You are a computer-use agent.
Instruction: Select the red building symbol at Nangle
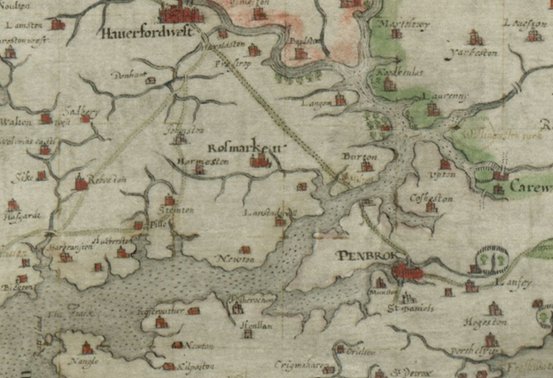[x=88, y=347]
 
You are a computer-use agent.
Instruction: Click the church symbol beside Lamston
[x=58, y=24]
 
